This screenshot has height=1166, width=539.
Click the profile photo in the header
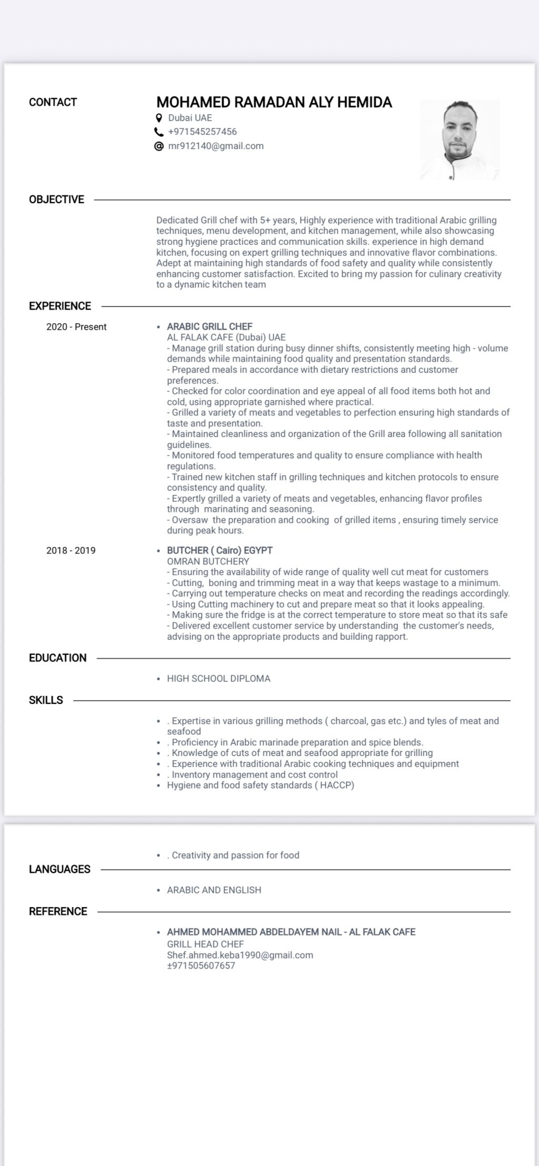pos(460,140)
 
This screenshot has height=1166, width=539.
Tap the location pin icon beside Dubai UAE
pos(159,118)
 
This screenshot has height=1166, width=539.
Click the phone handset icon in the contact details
pos(159,132)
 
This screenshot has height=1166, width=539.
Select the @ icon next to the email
pos(159,146)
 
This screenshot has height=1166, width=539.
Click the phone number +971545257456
pos(202,132)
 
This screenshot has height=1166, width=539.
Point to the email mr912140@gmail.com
pos(216,146)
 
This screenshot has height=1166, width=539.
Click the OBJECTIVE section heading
pos(56,200)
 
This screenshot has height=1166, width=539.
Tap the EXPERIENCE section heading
pos(60,306)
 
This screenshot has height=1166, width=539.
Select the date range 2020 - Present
pos(76,327)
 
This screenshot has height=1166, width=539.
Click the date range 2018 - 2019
pos(71,551)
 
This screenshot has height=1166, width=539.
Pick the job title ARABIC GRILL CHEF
pos(209,326)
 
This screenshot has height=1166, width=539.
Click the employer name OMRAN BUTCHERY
pos(208,561)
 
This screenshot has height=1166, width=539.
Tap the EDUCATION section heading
pos(58,658)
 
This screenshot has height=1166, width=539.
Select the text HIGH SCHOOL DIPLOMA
pos(218,679)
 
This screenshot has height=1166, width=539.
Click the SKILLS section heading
pos(46,700)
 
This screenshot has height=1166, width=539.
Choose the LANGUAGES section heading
pos(59,869)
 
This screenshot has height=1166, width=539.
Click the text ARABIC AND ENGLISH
pos(214,890)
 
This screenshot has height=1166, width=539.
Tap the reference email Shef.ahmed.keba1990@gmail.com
pos(240,955)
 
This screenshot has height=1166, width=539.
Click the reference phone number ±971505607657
pos(201,965)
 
